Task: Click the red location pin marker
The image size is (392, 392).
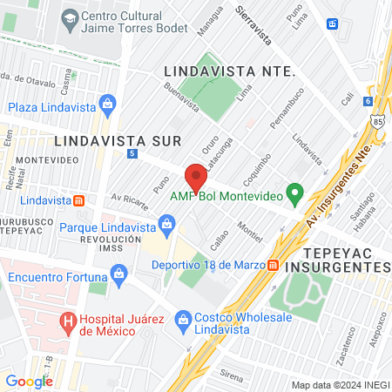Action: pos(196,177)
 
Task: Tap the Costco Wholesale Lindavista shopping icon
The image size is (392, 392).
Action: pos(183,319)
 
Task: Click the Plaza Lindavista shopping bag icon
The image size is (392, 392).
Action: pos(107,107)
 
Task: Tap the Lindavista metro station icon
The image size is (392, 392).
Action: pos(79,199)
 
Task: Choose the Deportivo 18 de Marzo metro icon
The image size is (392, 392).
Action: pos(273,264)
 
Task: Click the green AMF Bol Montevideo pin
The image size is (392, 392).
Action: pos(295,192)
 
